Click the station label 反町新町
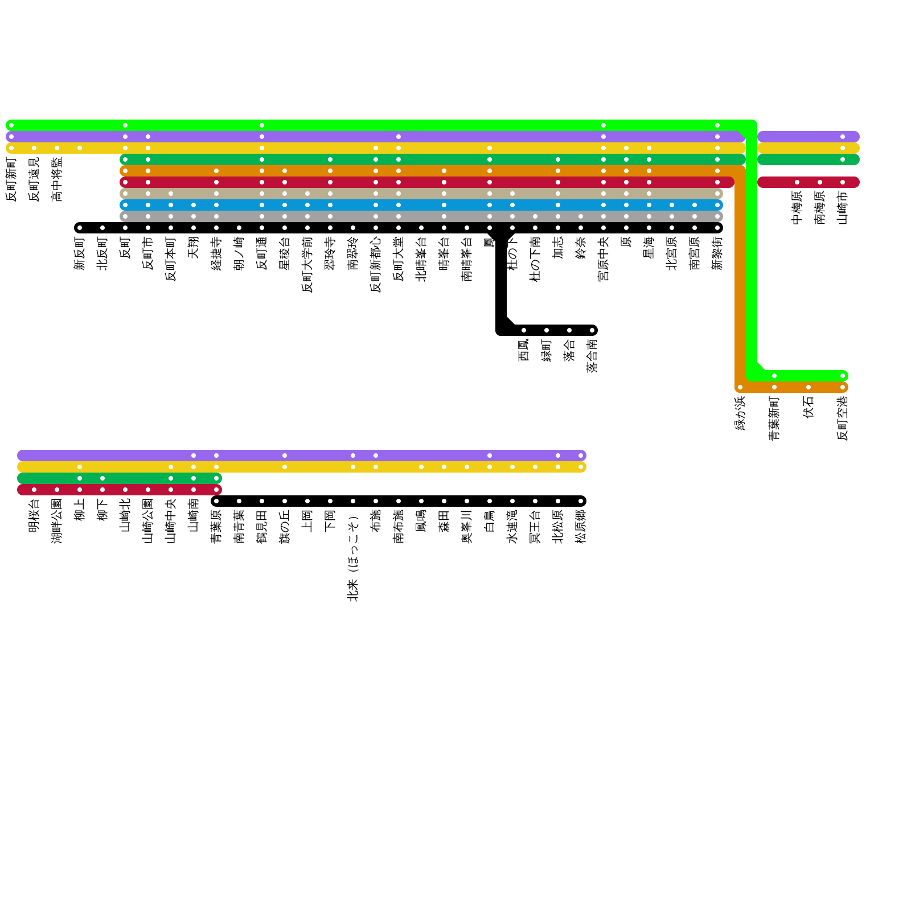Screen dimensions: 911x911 coord(11,179)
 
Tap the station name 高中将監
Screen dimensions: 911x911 coord(57,179)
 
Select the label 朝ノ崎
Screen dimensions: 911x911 coord(239,253)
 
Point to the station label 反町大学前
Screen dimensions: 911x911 coord(307,265)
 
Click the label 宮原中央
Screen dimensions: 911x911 coord(604,259)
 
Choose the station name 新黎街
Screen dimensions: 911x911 coord(717,253)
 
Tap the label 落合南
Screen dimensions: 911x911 coord(592,356)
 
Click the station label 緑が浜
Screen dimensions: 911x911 coord(740,413)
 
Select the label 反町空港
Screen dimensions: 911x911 coord(843,418)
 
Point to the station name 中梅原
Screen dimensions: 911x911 coord(797,208)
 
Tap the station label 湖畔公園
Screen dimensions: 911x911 coord(57,521)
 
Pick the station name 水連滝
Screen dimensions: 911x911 coord(512,527)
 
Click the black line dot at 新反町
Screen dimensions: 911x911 coord(80,228)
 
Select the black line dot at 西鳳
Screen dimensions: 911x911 coord(524,330)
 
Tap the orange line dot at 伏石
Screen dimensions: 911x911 coord(809,387)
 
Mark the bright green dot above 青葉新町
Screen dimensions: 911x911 coord(774,376)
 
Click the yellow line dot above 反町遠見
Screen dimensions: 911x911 coord(34,148)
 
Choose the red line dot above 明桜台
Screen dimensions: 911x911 coord(34,490)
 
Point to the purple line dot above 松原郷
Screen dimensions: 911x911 coord(581,455)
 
